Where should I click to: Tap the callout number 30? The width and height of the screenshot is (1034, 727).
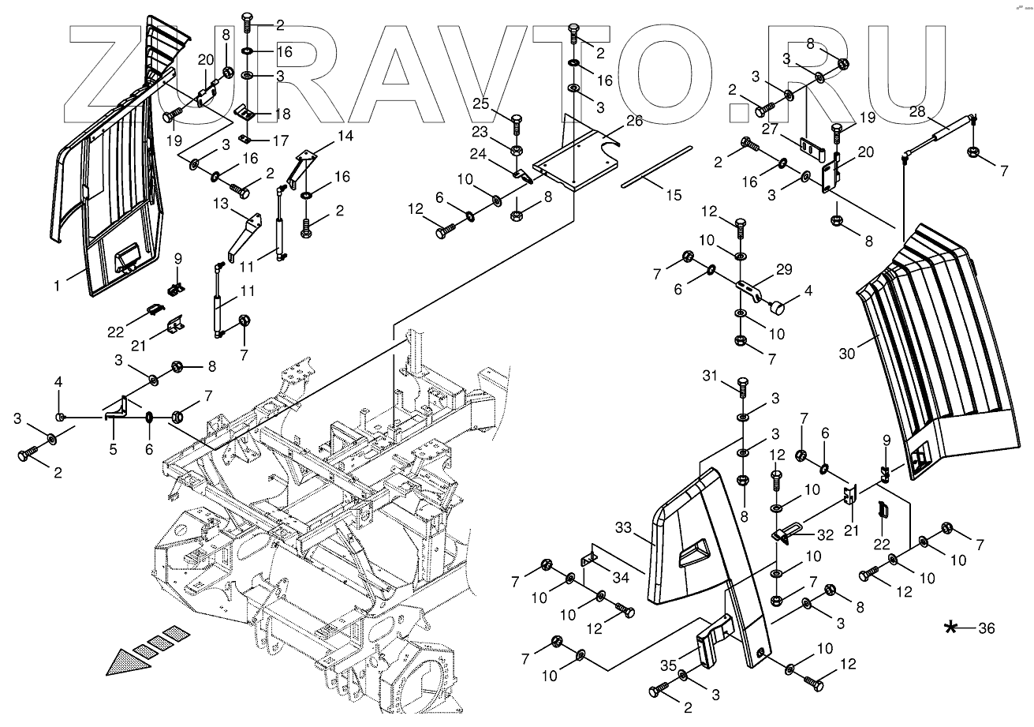(x=845, y=355)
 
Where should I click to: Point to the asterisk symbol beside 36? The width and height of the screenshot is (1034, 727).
(x=952, y=628)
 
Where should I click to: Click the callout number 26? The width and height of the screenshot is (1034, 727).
(x=633, y=121)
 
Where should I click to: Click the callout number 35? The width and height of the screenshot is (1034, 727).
(x=667, y=665)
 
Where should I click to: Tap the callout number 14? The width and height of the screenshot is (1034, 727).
(x=345, y=137)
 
